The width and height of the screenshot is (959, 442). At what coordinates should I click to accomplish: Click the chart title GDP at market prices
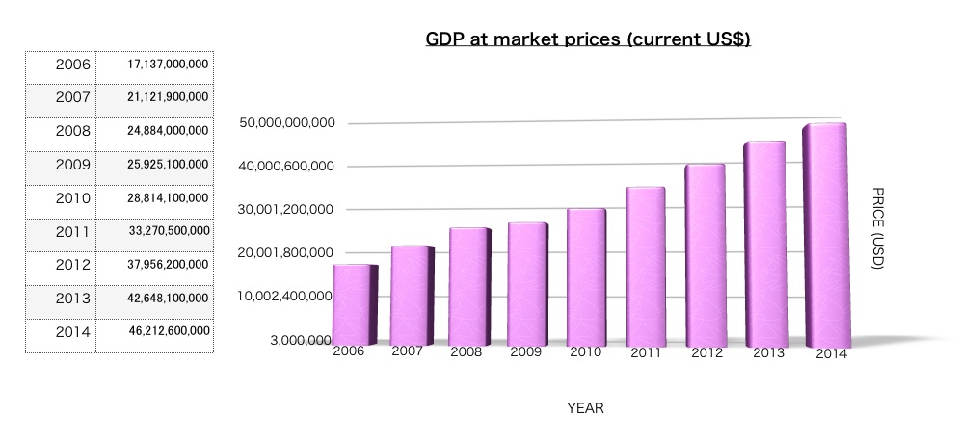(x=588, y=40)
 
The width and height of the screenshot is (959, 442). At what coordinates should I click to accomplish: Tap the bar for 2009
(x=527, y=284)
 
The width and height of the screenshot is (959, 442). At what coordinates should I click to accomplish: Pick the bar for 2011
(x=645, y=267)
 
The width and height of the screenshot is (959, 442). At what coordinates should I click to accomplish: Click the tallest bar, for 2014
(x=824, y=235)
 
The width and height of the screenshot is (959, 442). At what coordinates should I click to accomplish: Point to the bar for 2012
(x=705, y=255)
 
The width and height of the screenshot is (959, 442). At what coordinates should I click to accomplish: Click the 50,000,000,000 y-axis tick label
(x=286, y=123)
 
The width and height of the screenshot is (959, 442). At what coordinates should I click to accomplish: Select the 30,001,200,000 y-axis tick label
(x=286, y=210)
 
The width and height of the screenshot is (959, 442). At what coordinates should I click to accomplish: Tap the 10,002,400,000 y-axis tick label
(x=286, y=297)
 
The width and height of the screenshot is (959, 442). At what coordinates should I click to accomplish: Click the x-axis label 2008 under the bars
(x=466, y=352)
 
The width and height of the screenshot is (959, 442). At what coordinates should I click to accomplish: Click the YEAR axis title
(x=585, y=408)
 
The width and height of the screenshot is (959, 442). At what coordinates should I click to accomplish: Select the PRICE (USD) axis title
(x=876, y=228)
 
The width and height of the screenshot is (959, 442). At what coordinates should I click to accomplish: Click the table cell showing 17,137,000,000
(x=168, y=65)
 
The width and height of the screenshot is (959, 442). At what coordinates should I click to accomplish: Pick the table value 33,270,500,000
(x=168, y=231)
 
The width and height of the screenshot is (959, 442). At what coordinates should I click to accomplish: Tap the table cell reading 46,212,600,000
(x=168, y=331)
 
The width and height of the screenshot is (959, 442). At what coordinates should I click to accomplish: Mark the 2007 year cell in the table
(x=72, y=98)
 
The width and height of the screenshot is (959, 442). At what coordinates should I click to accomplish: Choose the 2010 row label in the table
(x=72, y=198)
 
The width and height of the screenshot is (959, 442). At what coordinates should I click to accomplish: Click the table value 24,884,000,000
(x=168, y=131)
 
